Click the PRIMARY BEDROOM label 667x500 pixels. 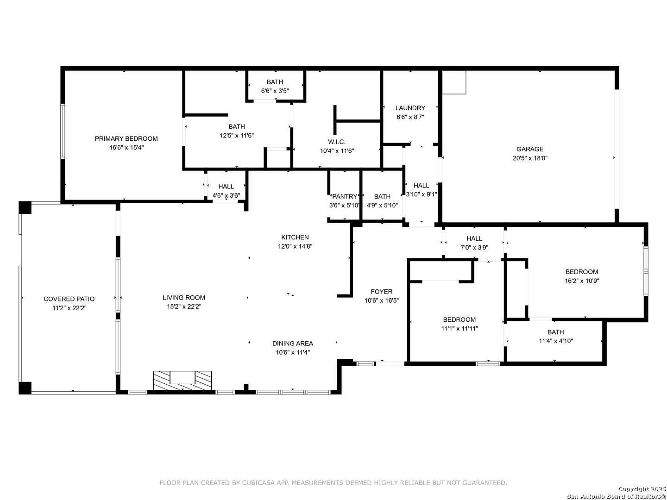pos(126,139)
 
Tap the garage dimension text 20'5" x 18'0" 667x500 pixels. pos(530,158)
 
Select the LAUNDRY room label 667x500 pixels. pos(410,108)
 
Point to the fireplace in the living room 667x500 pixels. pos(182,381)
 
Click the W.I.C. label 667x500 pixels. pos(337,142)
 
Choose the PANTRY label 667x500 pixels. pos(345,196)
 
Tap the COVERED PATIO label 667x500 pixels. pos(69,299)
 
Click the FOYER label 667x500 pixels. pos(382,292)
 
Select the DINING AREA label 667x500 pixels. pos(293,344)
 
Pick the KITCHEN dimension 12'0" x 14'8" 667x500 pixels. pos(295,246)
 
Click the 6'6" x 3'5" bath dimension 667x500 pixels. pos(275,91)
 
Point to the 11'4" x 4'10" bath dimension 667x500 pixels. pos(556,341)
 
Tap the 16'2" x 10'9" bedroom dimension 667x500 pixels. pos(582,281)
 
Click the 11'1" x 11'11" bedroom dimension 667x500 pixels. pos(459,329)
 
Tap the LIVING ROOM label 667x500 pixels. pos(184,298)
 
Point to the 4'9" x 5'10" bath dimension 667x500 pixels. pos(382,206)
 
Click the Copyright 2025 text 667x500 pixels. pos(642,489)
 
